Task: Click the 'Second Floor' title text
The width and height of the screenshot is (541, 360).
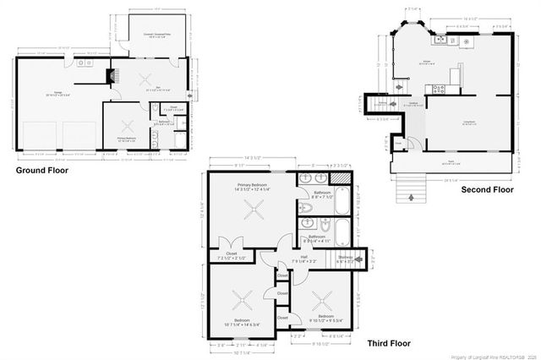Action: coord(487,190)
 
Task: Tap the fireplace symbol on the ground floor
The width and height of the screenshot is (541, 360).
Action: coord(109,76)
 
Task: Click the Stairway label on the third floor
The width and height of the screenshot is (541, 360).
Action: coord(345,259)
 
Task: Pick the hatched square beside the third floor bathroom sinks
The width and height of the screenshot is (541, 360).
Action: coord(338,179)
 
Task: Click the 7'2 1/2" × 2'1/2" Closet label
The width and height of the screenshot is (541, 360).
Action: coord(232,254)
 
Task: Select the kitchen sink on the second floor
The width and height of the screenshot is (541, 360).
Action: coord(440,40)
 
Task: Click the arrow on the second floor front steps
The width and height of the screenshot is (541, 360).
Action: coord(412,197)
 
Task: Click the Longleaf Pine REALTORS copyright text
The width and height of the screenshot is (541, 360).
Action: coord(489,355)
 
